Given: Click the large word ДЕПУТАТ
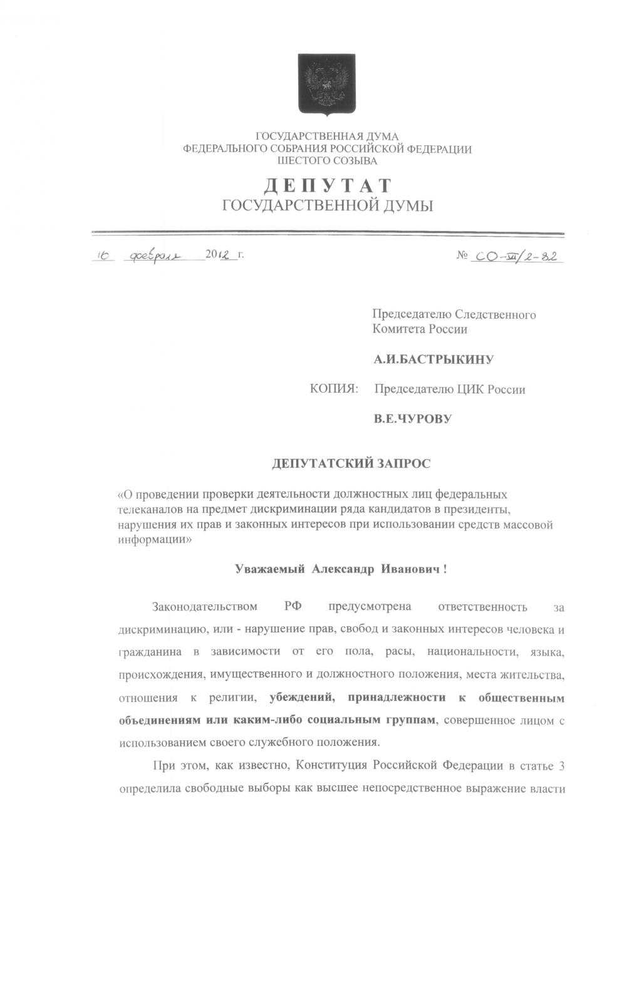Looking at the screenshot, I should click(x=326, y=186).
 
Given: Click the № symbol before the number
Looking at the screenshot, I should click(x=462, y=257).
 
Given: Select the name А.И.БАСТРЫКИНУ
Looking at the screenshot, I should click(x=433, y=359).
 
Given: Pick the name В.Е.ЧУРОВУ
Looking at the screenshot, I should click(x=412, y=419).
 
